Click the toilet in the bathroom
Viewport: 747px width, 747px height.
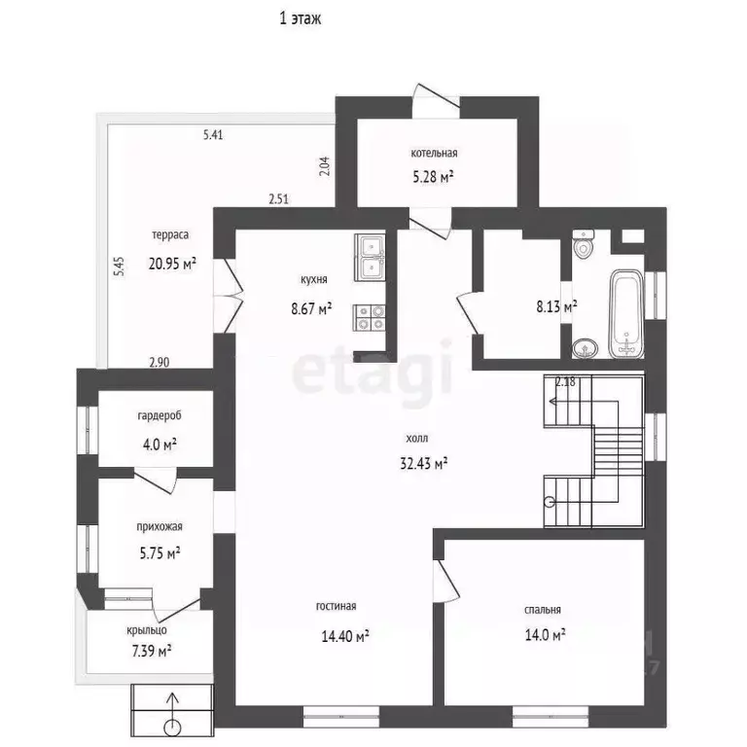pyautogui.click(x=584, y=244)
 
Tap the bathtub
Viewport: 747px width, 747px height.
pyautogui.click(x=626, y=314)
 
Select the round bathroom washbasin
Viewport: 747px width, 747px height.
pyautogui.click(x=585, y=348)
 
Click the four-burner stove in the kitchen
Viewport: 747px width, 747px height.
pyautogui.click(x=369, y=318)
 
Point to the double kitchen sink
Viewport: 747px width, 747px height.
pyautogui.click(x=370, y=257)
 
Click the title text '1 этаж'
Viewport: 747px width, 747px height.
pyautogui.click(x=301, y=18)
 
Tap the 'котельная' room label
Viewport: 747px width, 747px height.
pyautogui.click(x=434, y=153)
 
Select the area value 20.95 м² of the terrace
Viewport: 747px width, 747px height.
pyautogui.click(x=172, y=264)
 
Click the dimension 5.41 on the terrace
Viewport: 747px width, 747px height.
pyautogui.click(x=213, y=135)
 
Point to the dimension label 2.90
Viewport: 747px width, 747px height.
pyautogui.click(x=160, y=363)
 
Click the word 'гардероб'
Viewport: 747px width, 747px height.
pyautogui.click(x=160, y=416)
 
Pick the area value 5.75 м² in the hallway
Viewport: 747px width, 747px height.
pyautogui.click(x=160, y=553)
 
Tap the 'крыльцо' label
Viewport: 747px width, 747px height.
pyautogui.click(x=147, y=630)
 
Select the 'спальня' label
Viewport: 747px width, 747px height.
pyautogui.click(x=543, y=610)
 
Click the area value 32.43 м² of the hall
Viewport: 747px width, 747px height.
pyautogui.click(x=423, y=463)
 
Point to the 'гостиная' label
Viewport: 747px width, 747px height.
pyautogui.click(x=336, y=606)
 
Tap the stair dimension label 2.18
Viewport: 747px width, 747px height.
pyautogui.click(x=565, y=381)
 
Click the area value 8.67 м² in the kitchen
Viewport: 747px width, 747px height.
pyautogui.click(x=311, y=308)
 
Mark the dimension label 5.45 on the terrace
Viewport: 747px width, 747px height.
pyautogui.click(x=119, y=267)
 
